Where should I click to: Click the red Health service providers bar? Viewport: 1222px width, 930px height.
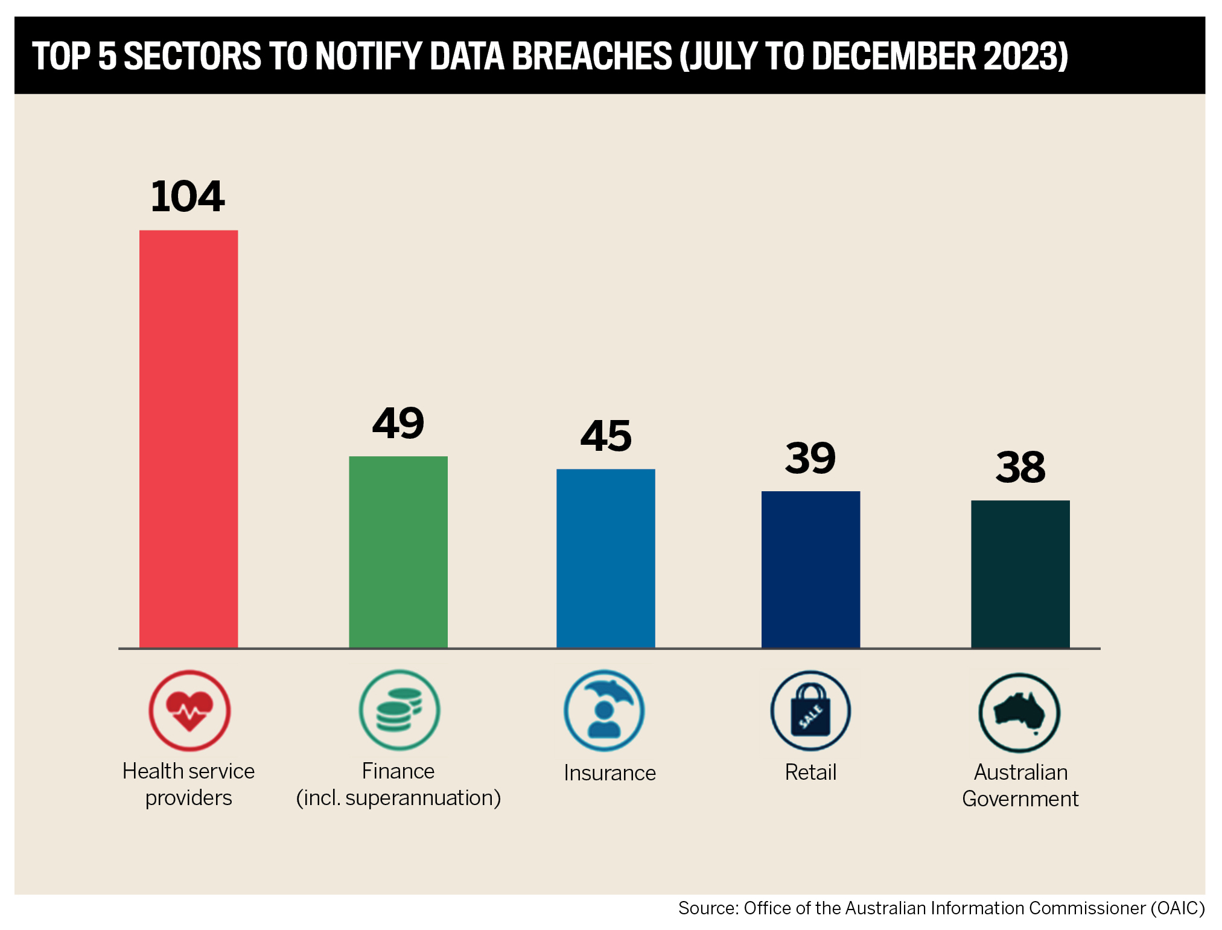click(188, 439)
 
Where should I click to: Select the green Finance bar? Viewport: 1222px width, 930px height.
click(398, 552)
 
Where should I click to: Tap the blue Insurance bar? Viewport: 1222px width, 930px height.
click(605, 558)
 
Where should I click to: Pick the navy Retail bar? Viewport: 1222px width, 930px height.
click(810, 569)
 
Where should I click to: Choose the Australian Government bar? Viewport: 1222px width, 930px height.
click(1020, 574)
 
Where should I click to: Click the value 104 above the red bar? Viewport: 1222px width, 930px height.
click(188, 196)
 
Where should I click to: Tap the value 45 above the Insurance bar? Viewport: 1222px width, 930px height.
click(606, 436)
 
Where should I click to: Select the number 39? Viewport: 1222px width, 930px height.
click(810, 458)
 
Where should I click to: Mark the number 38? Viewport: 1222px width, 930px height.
click(1020, 467)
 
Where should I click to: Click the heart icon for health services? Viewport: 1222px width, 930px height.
click(189, 710)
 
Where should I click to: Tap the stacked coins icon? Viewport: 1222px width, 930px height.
click(399, 710)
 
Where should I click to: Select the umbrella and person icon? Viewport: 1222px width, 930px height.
click(604, 710)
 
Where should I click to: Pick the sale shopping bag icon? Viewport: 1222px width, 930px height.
click(810, 711)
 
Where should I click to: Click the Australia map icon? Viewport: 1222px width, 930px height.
click(1019, 712)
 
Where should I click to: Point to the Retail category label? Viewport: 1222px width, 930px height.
click(810, 772)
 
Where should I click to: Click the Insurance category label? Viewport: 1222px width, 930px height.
click(609, 773)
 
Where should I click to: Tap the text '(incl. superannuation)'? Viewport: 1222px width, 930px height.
click(398, 798)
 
